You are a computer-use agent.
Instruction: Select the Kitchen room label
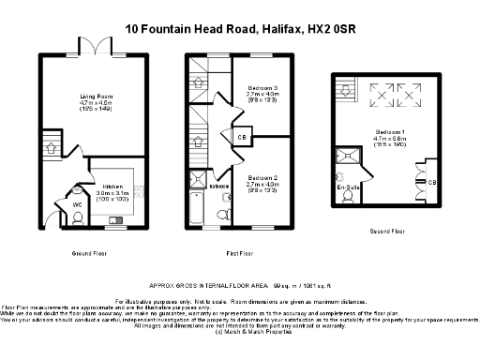(112, 172)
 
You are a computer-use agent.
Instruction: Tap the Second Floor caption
(387, 231)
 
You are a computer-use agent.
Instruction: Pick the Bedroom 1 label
(389, 132)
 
